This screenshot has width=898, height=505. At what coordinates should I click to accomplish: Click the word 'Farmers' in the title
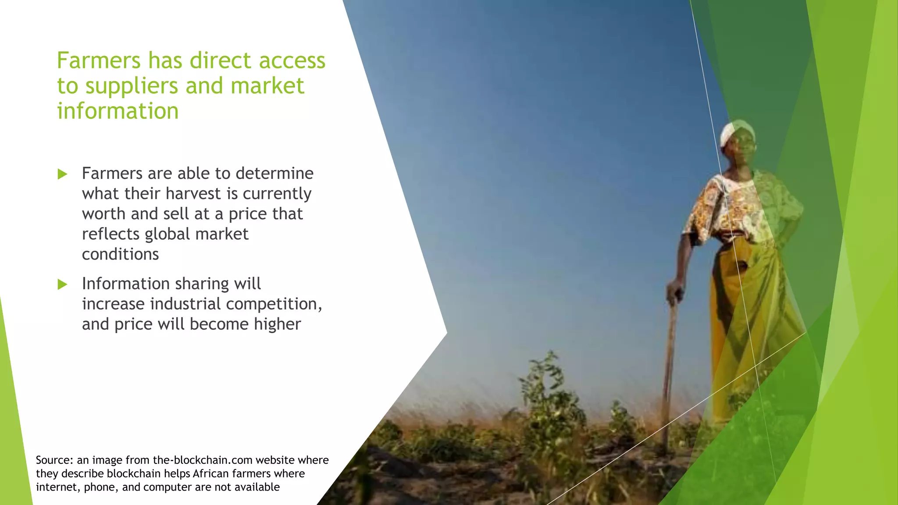click(x=99, y=60)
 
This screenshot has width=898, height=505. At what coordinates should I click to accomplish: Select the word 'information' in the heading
click(x=118, y=111)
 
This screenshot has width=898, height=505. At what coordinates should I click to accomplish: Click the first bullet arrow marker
click(x=62, y=174)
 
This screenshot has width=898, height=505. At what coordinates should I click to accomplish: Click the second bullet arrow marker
click(x=62, y=285)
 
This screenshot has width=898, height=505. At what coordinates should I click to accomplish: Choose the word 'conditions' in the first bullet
click(x=120, y=254)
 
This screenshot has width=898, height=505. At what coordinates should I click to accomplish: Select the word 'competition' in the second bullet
click(x=272, y=304)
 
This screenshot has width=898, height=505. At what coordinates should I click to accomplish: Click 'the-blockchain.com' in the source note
click(x=203, y=460)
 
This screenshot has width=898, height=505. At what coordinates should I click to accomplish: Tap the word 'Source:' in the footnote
click(x=54, y=460)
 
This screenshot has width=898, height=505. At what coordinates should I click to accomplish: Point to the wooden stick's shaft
click(x=669, y=373)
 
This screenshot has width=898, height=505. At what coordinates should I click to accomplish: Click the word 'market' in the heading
click(x=267, y=86)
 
